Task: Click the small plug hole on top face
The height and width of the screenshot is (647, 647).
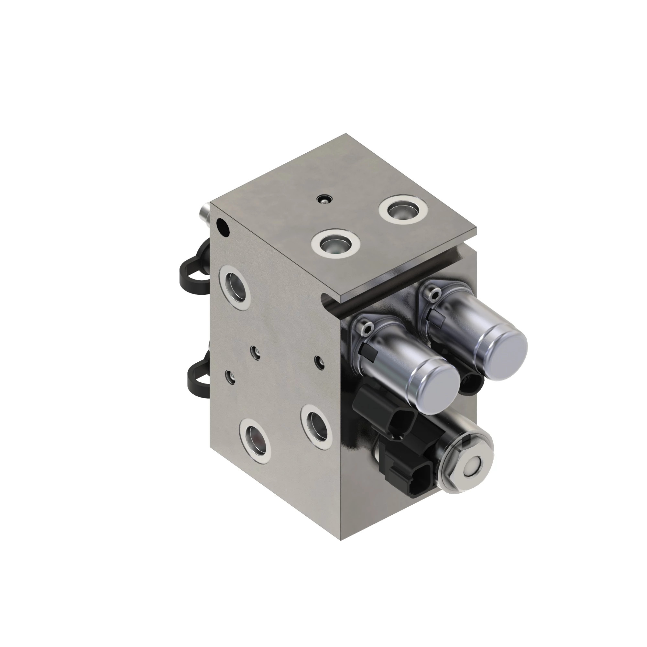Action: click(324, 200)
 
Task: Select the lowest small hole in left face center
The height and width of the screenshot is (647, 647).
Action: click(230, 377)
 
